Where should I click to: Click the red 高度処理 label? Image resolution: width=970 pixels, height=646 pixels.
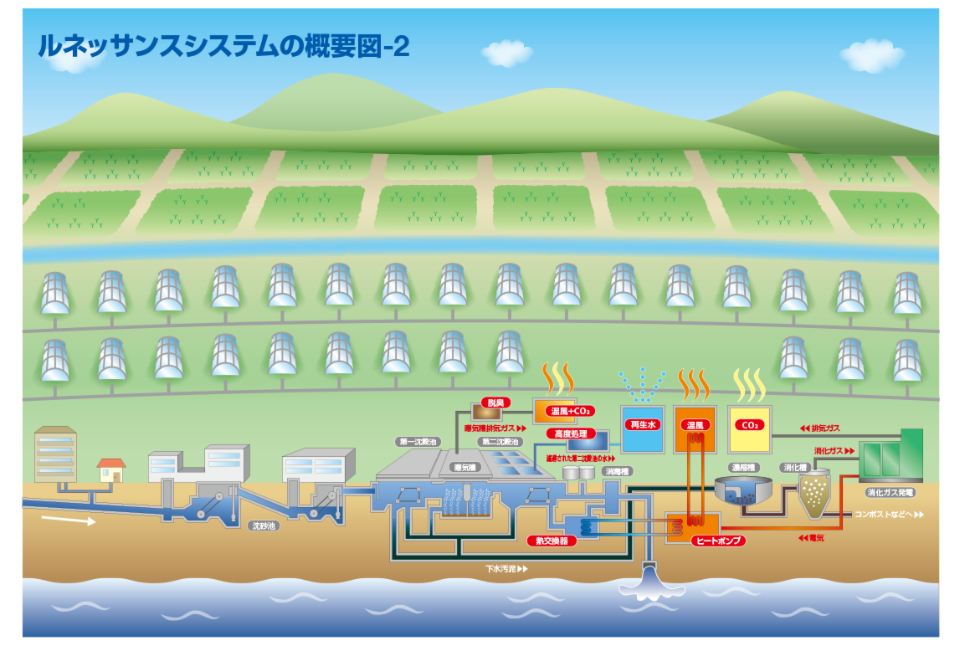[x=569, y=433]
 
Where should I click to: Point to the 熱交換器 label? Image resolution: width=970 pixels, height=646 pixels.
[x=552, y=541]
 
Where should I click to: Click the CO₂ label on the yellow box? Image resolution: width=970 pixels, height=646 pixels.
[x=750, y=425]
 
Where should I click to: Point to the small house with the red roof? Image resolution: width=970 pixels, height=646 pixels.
[x=111, y=469]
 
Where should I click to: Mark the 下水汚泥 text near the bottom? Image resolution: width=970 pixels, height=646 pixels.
[x=506, y=569]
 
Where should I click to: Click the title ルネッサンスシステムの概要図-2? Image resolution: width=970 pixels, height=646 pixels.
[x=223, y=46]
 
